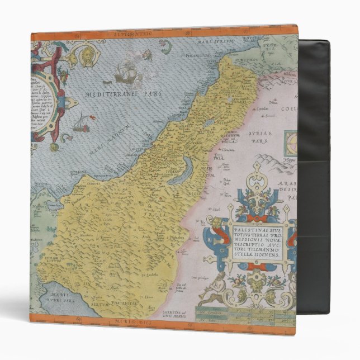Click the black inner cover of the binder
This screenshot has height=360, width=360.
314,168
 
